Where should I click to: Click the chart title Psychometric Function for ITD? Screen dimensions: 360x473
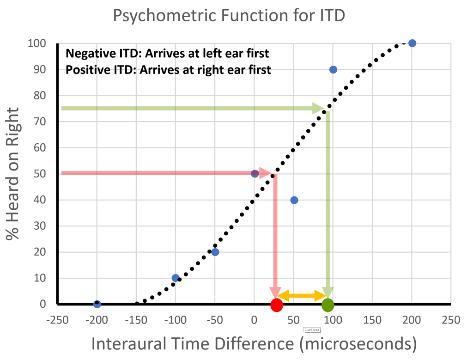229,16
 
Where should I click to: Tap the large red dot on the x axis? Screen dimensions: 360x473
276,305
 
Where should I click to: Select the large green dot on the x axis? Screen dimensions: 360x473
328,305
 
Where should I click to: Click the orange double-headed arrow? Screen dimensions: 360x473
302,296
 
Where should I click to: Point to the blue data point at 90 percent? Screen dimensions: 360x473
333,69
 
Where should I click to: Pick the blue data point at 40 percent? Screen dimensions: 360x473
294,200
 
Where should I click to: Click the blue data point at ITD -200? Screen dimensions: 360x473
97,304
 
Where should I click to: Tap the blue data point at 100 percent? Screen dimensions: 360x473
412,43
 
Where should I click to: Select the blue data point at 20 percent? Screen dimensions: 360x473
215,252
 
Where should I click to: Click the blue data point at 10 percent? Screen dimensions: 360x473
176,278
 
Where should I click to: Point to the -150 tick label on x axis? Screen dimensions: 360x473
136,320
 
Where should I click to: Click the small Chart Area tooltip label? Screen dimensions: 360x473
312,330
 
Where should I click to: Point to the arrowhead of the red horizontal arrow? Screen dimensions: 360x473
266,173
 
